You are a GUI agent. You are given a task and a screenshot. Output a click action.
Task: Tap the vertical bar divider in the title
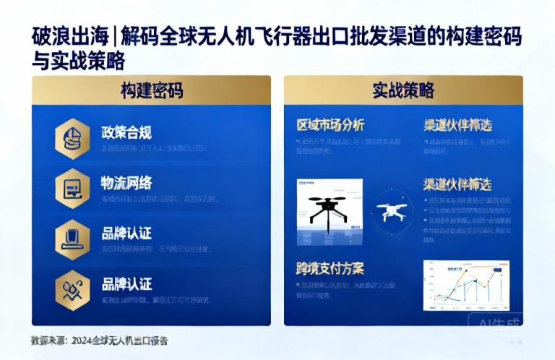click(116, 35)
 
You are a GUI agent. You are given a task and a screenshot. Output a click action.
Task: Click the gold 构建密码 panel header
click(151, 90)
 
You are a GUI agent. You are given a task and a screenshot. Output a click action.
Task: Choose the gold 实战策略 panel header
click(403, 90)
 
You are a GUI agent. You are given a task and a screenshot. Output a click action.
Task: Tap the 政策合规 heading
click(126, 132)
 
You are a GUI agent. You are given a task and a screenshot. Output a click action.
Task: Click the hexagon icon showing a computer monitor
click(72, 239)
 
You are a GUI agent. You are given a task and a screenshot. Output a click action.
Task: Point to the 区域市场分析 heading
click(331, 124)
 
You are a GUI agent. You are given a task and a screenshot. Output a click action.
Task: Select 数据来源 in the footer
click(46, 340)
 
